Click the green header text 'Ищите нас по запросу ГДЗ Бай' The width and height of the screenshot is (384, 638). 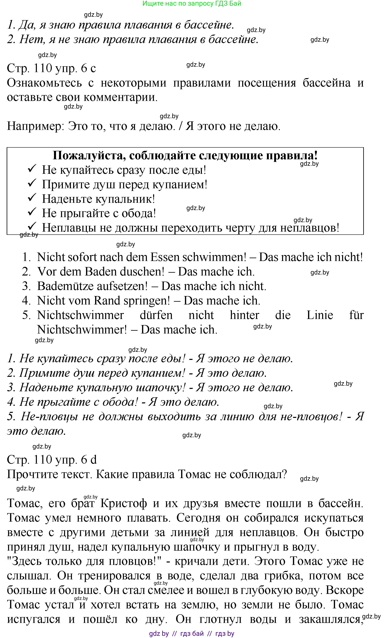coord(192,4)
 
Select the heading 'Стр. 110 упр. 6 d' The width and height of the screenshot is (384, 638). coord(52,460)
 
